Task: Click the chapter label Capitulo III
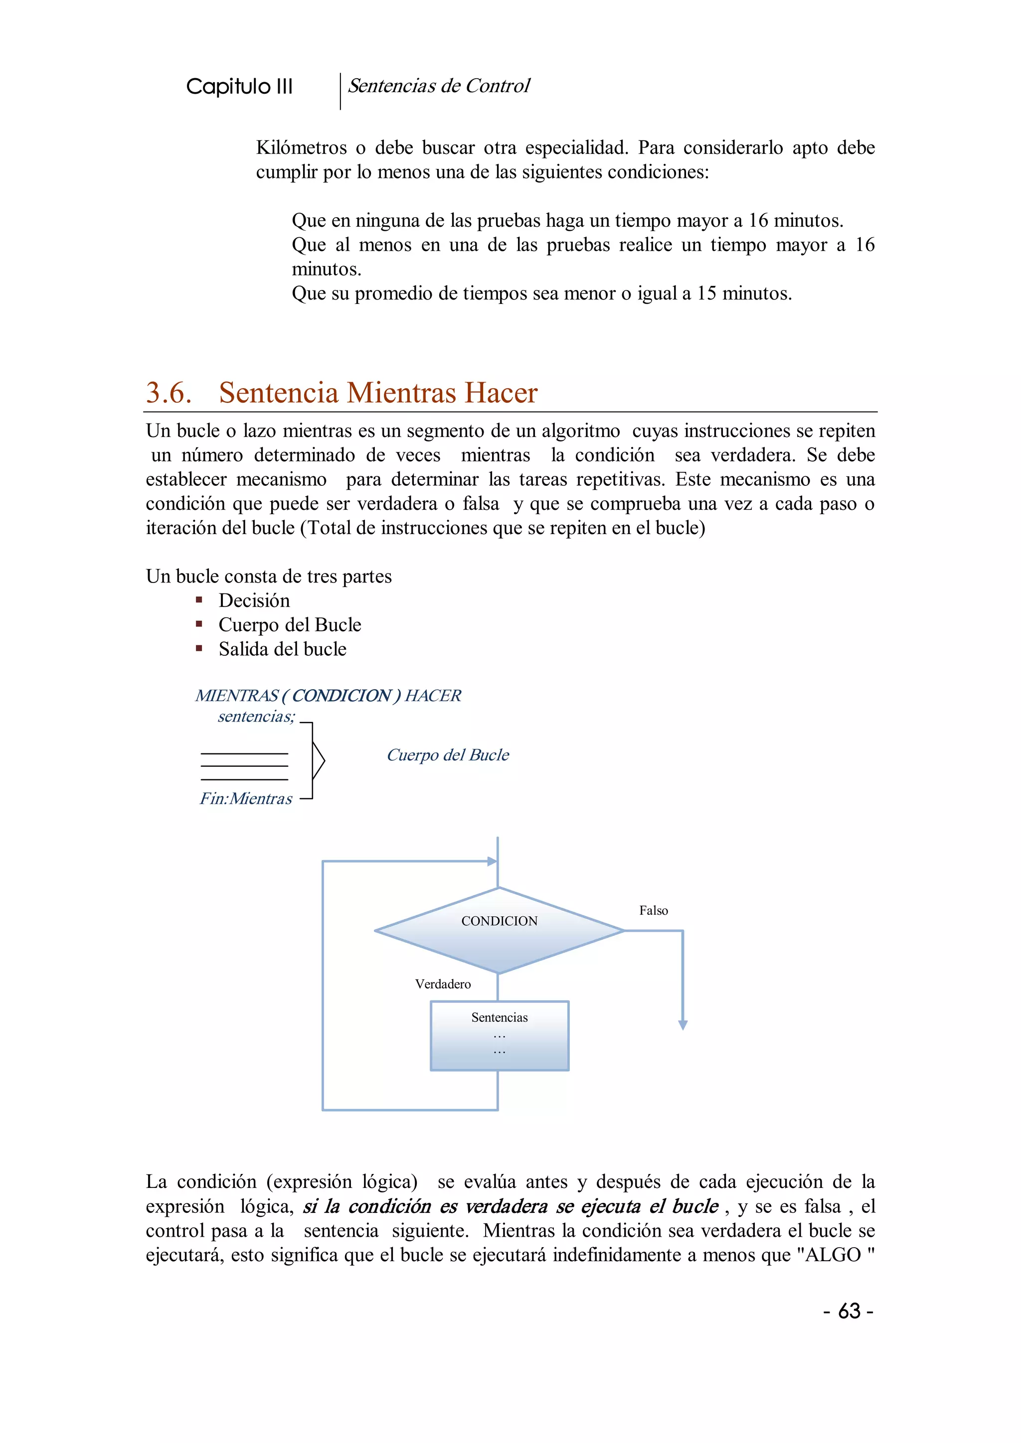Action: pos(239,87)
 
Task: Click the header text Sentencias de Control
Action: pos(439,86)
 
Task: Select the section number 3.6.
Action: pos(169,393)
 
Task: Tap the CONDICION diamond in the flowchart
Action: pos(499,931)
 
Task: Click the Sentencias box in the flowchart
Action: pos(499,1036)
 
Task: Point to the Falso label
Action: pos(653,911)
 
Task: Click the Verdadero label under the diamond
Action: pos(443,984)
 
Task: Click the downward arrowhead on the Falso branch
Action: pos(683,1025)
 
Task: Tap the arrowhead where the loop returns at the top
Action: pos(492,861)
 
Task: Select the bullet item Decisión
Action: pos(254,601)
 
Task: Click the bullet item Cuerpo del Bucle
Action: pos(290,625)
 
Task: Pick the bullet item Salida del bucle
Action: pos(282,649)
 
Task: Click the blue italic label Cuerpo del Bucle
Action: pos(448,755)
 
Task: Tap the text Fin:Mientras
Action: pos(246,799)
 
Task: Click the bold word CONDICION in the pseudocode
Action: pos(341,696)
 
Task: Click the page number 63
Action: pos(849,1311)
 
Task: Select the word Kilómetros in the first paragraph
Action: pos(301,147)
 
